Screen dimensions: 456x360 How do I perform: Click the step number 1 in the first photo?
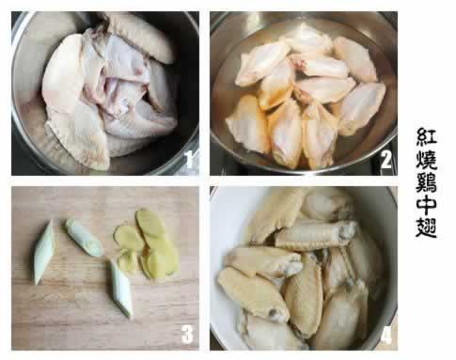coord(189,159)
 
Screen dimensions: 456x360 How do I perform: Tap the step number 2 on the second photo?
coord(385,159)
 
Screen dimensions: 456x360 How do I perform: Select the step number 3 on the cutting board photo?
coord(187,334)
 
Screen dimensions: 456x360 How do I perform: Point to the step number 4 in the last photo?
coord(386,337)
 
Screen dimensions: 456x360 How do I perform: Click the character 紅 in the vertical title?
coord(426,137)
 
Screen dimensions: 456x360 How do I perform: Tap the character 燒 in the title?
coord(426,161)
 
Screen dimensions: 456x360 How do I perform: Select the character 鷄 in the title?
coord(426,183)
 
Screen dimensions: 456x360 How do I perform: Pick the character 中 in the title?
coord(426,205)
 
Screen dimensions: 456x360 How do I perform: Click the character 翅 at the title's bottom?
coord(426,227)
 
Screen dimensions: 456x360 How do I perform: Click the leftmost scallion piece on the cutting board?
coord(43,253)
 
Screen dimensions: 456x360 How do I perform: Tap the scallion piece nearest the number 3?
coord(121,289)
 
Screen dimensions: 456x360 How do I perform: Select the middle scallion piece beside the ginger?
coord(84,238)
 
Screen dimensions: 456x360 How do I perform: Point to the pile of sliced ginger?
coord(147,244)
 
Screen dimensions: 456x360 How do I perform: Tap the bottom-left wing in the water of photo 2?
coord(248,124)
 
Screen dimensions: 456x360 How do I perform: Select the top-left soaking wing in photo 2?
coord(262,63)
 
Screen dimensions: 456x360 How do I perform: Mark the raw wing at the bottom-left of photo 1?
coord(78,138)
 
